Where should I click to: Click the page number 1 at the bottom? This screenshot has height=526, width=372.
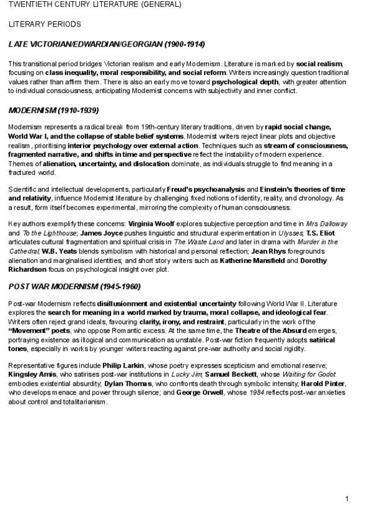pyautogui.click(x=347, y=499)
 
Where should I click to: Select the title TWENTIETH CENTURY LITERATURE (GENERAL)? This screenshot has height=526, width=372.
pyautogui.click(x=95, y=5)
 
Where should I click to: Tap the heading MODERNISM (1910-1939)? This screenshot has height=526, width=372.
pyautogui.click(x=54, y=111)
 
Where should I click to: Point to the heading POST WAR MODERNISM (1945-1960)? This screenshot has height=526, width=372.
pyautogui.click(x=74, y=287)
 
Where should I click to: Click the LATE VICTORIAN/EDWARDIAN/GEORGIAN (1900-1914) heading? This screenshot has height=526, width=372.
pyautogui.click(x=107, y=45)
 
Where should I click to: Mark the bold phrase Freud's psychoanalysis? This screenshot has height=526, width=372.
pyautogui.click(x=206, y=189)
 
